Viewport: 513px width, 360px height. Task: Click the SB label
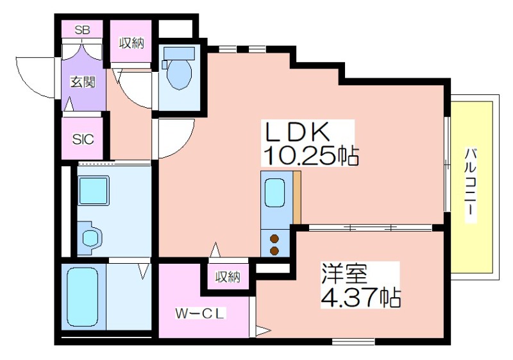[x=83, y=30]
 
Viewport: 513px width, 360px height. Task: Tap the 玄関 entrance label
[x=83, y=82]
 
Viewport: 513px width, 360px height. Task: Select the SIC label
[x=83, y=139]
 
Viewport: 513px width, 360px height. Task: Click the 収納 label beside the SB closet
[x=131, y=43]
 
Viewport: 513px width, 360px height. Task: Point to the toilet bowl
[x=179, y=74]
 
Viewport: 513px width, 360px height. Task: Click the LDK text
[x=297, y=132]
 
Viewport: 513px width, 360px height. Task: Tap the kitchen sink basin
[x=274, y=193]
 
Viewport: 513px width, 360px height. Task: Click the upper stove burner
[x=274, y=239]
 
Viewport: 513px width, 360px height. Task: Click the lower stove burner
[x=274, y=251]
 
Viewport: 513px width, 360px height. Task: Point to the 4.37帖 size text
[x=360, y=297]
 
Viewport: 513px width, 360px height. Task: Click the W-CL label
[x=200, y=314]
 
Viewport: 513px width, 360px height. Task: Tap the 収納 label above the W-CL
[x=228, y=277]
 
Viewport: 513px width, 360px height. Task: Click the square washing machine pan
[x=94, y=191]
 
